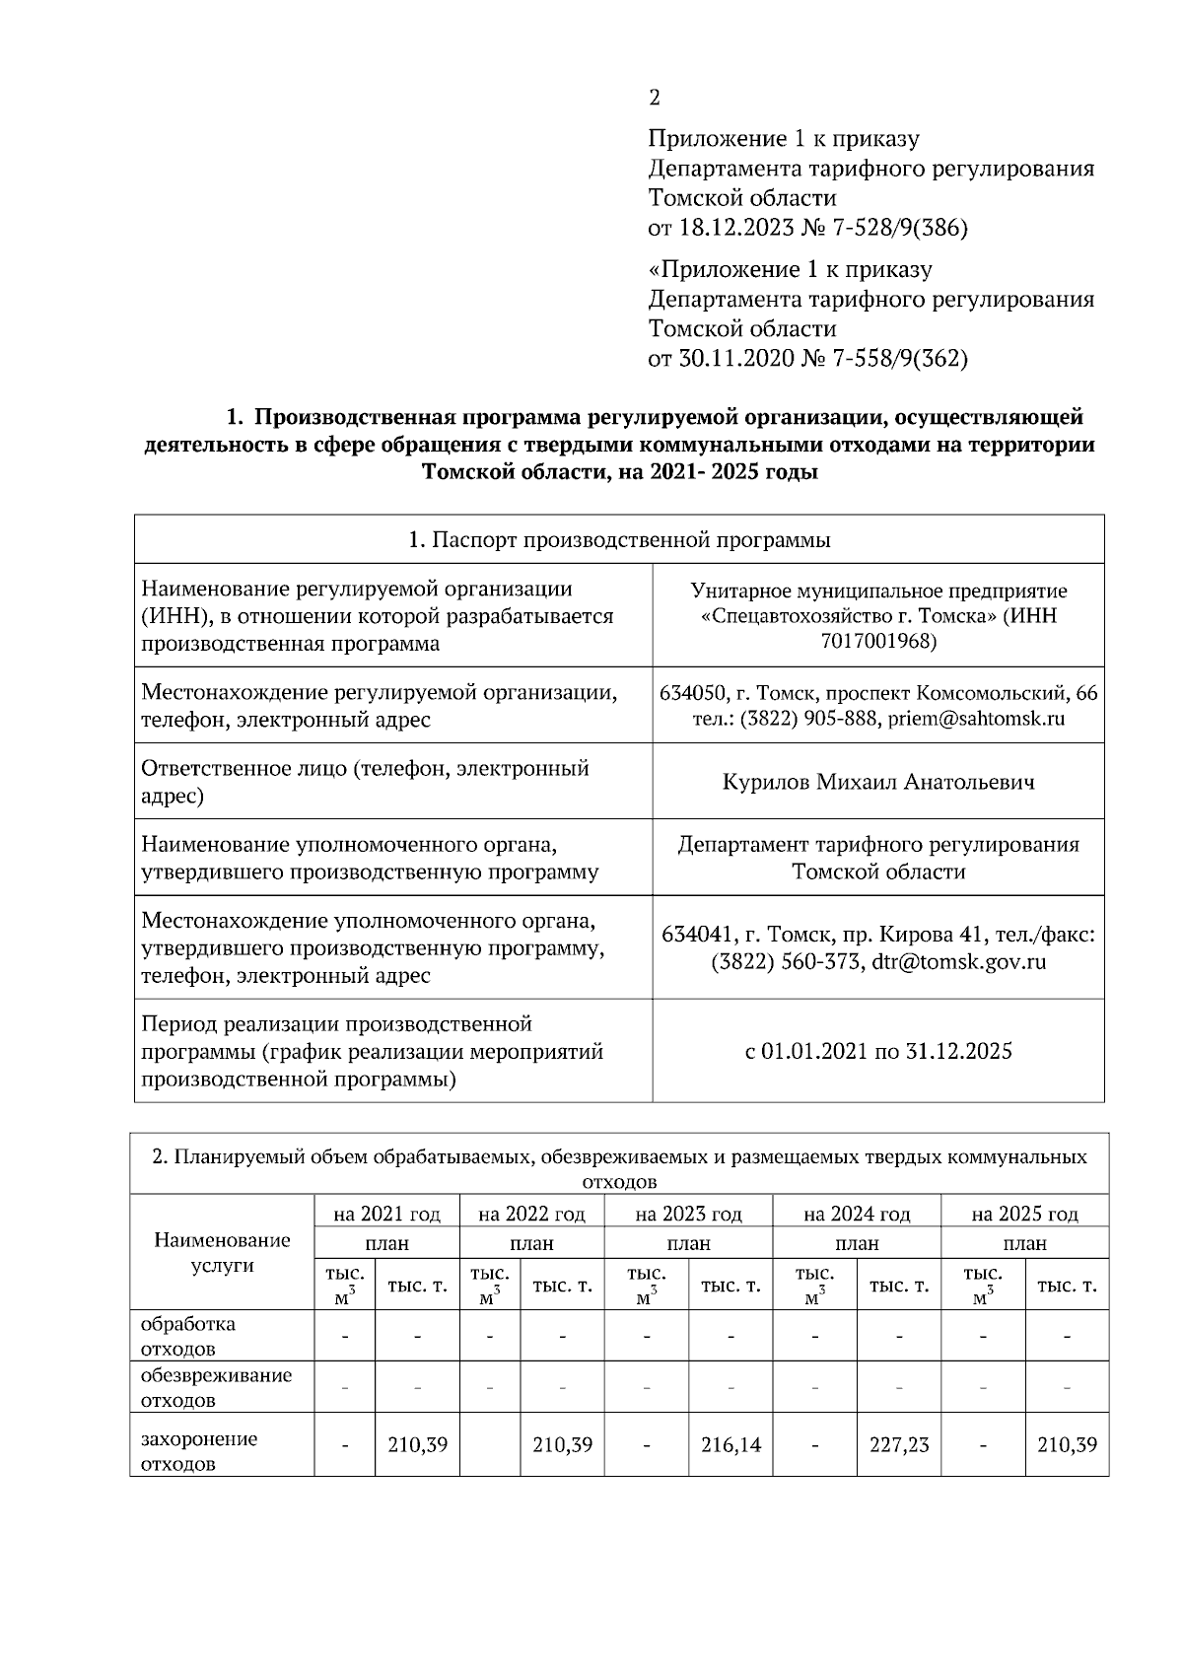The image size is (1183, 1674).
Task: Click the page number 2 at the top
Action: pyautogui.click(x=655, y=98)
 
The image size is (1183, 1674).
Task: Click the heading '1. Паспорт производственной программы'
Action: pyautogui.click(x=619, y=540)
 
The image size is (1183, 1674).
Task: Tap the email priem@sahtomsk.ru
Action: pyautogui.click(x=976, y=719)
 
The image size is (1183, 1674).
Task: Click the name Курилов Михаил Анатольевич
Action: pyautogui.click(x=878, y=783)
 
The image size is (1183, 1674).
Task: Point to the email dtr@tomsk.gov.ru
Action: pyautogui.click(x=959, y=962)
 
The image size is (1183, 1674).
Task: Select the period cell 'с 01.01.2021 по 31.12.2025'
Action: pyautogui.click(x=878, y=1051)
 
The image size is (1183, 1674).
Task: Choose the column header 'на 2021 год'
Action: pyautogui.click(x=386, y=1214)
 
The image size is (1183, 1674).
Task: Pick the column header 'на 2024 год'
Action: pyautogui.click(x=857, y=1214)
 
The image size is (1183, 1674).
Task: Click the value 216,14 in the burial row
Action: pyautogui.click(x=731, y=1445)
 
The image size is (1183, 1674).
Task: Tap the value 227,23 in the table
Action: pyautogui.click(x=899, y=1445)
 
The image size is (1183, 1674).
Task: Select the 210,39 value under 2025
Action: pyautogui.click(x=1067, y=1445)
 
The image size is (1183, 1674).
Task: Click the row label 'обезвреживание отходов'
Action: pyautogui.click(x=217, y=1388)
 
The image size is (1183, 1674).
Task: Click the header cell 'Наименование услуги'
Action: pyautogui.click(x=223, y=1253)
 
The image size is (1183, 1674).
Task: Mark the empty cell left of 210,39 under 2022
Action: pyautogui.click(x=490, y=1446)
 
